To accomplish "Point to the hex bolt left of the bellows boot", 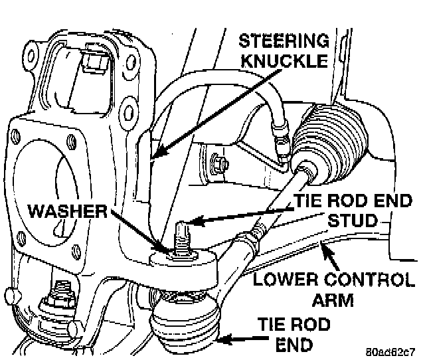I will coord(218,161).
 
